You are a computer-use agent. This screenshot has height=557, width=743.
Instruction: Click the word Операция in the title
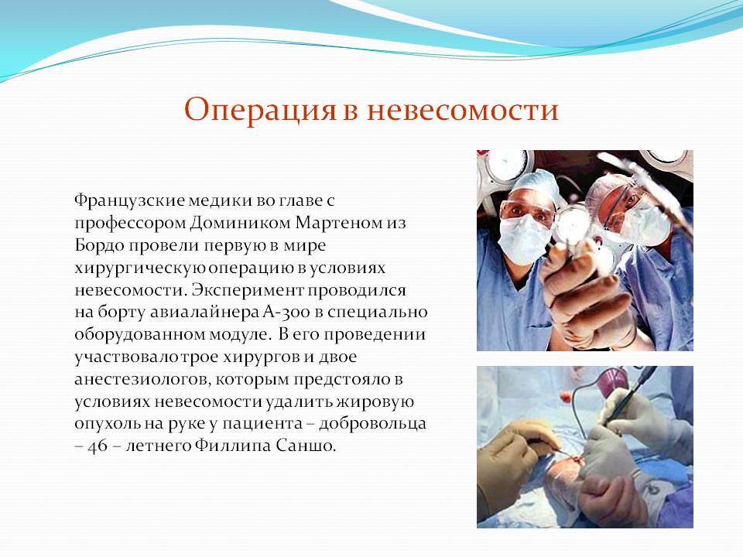pos(260,110)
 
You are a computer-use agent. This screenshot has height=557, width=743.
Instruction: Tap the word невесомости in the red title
pos(463,110)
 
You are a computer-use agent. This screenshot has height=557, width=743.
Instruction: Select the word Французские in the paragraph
pos(129,201)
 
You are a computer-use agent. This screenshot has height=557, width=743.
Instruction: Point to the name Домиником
pos(241,223)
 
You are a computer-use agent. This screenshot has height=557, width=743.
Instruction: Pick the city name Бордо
pos(99,245)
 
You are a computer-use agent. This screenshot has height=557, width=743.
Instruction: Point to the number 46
pos(98,446)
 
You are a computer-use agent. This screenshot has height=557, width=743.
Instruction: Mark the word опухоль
pos(107,423)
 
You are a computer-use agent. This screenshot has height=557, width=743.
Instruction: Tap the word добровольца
pos(372,423)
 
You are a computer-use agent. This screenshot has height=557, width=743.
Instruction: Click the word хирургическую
pos(140,268)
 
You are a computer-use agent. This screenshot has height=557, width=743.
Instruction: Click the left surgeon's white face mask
pos(525,239)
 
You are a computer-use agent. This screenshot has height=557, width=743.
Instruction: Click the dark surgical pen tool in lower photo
pos(629,395)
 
